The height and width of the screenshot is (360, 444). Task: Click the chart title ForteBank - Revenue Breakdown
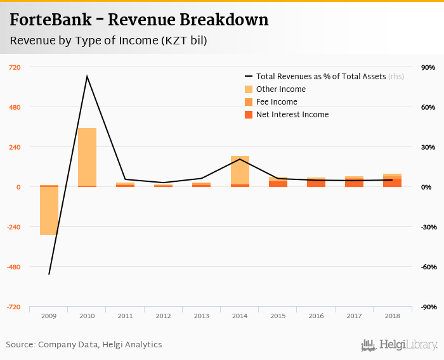tap(139, 20)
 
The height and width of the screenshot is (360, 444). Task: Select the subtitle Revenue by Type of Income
tap(108, 41)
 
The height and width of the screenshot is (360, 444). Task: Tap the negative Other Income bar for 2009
tap(49, 211)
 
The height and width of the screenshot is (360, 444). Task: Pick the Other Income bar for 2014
tap(240, 170)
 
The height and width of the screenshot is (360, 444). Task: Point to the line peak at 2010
tap(87, 76)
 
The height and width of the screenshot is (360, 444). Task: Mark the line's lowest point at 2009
tap(49, 274)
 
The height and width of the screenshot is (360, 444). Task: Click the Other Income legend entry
tap(280, 89)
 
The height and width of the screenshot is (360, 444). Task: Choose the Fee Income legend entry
tap(277, 102)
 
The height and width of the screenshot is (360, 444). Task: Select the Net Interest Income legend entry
tap(292, 115)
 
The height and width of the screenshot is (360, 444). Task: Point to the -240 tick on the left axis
tap(13, 227)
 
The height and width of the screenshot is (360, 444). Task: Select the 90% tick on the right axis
tap(428, 67)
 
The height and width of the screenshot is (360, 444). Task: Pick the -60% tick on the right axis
tap(428, 267)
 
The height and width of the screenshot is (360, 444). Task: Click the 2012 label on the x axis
tap(163, 315)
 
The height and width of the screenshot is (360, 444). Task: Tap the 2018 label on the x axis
tap(392, 315)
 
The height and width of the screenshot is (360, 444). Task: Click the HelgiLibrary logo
tap(399, 345)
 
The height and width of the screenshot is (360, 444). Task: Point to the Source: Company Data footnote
tap(84, 345)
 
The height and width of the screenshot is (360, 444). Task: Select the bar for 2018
tap(392, 181)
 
